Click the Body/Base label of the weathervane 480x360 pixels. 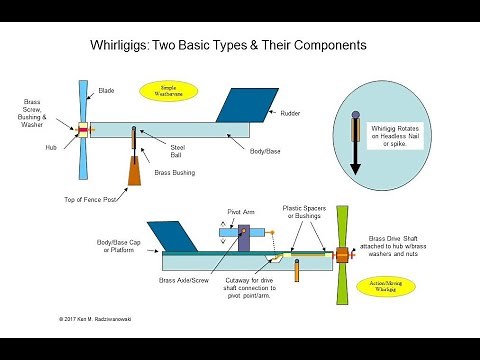point(265,150)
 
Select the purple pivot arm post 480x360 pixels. point(244,240)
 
